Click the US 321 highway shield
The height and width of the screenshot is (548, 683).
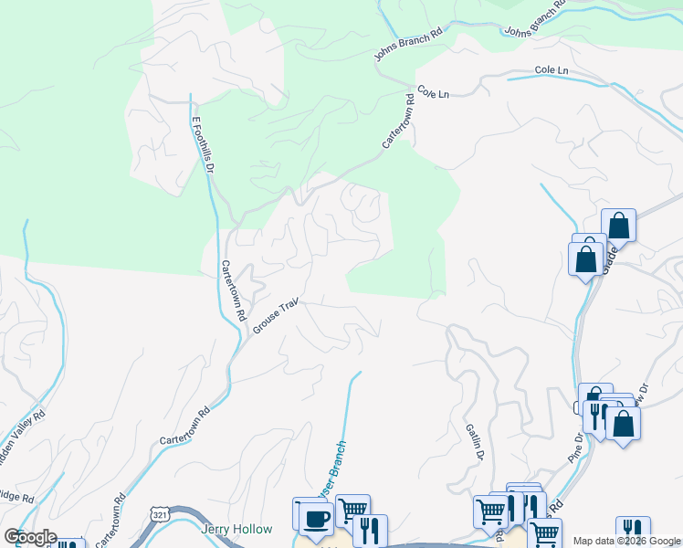[x=160, y=515]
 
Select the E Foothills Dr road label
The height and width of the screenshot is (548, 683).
[x=202, y=144]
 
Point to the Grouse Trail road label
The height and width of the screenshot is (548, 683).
[x=276, y=317]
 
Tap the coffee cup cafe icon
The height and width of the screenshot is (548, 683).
[x=314, y=518]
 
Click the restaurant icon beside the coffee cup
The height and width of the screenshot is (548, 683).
[x=369, y=530]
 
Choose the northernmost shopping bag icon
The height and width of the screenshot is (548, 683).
[x=618, y=225]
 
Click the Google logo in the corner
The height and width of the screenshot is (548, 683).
[x=29, y=537]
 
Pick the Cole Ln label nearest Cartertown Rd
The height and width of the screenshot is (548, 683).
[x=434, y=93]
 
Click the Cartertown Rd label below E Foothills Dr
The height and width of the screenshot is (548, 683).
[x=234, y=290]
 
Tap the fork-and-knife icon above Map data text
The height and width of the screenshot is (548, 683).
[x=632, y=529]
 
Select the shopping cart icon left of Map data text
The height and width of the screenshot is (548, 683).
[x=545, y=532]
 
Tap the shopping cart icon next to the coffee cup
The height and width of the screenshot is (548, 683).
[x=352, y=509]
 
